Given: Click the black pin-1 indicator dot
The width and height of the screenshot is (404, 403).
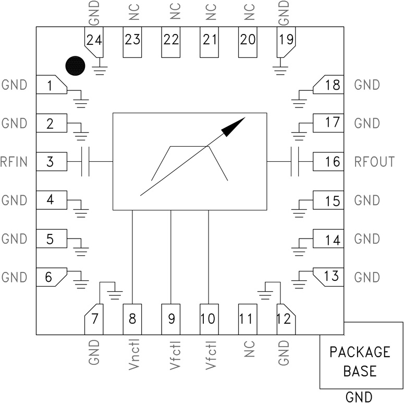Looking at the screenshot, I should coord(75,66).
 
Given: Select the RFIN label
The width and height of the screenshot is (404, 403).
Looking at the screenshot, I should coord(15,162).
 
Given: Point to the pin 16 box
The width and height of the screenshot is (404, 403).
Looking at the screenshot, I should coord(328,162).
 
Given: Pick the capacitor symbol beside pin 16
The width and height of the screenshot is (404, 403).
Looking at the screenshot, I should coord(294,162).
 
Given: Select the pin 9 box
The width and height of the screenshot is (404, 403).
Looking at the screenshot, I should coord(171,318).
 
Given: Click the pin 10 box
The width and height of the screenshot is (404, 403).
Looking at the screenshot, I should coord(208,318).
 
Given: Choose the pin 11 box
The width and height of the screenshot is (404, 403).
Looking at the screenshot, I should coord(246,318).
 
